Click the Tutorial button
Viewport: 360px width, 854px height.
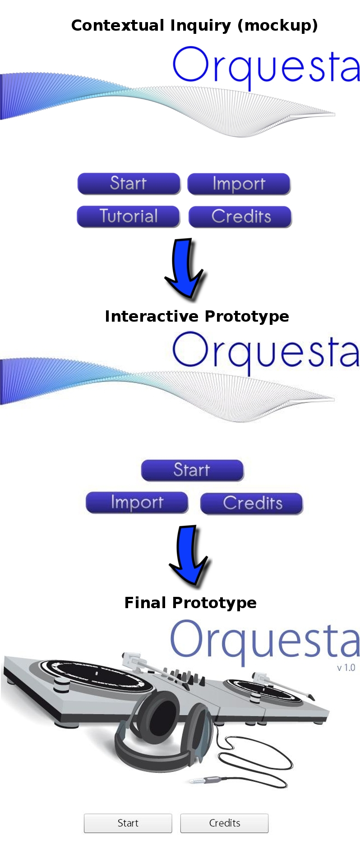[129, 217]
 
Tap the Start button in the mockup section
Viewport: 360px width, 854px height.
[129, 184]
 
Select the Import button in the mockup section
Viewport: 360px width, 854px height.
[239, 184]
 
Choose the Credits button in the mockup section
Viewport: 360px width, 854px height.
[240, 217]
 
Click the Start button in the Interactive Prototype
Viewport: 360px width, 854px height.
[193, 471]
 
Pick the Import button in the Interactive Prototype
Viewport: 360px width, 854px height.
[137, 503]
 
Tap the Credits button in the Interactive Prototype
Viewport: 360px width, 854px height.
[252, 503]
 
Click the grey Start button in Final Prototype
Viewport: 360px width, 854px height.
[128, 823]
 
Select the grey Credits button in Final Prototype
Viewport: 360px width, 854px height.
[224, 823]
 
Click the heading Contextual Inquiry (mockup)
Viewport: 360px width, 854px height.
[194, 25]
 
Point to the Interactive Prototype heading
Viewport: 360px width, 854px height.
[197, 316]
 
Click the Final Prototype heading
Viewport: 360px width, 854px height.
[190, 603]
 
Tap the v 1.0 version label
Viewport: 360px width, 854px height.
[346, 668]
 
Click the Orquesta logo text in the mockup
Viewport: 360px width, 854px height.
[266, 66]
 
